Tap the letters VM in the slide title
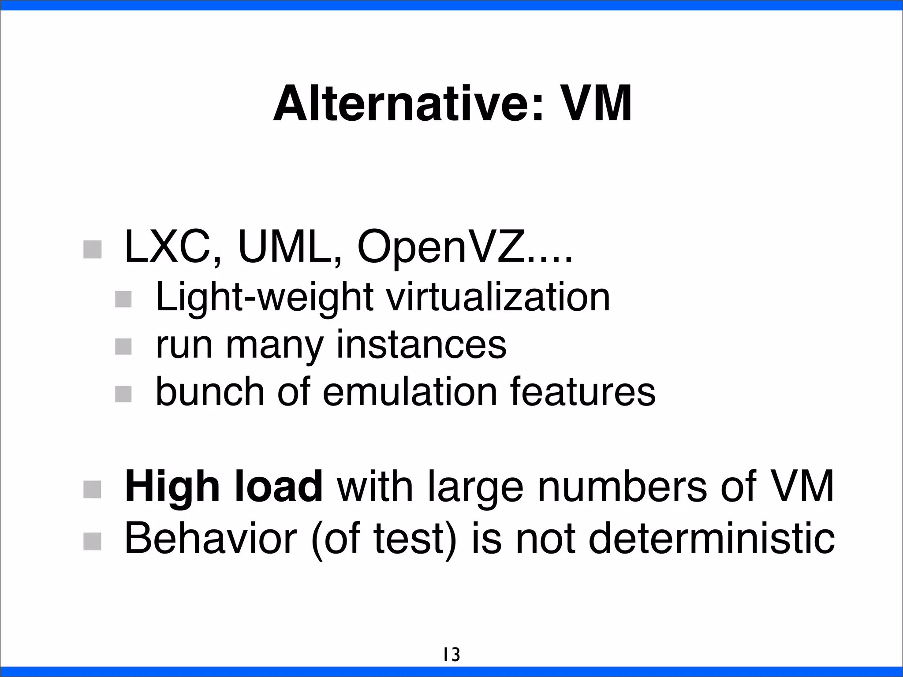[x=595, y=104]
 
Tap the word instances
[x=421, y=345]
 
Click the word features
[x=583, y=392]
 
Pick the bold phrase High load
[x=224, y=486]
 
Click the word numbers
[x=622, y=486]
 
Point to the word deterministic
[x=711, y=539]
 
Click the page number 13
[x=451, y=655]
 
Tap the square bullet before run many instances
[x=123, y=346]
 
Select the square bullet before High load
[x=93, y=489]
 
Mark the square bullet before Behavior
[x=93, y=541]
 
